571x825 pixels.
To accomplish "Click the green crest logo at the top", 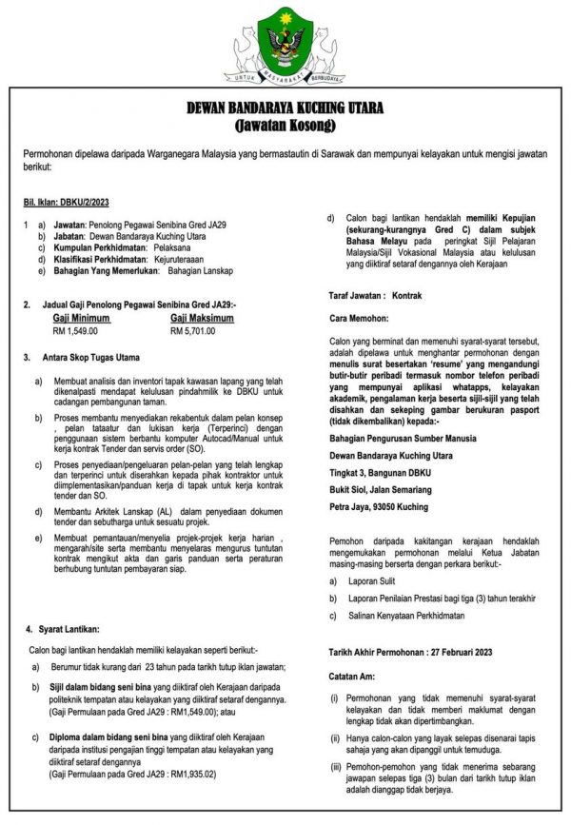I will coord(285,41).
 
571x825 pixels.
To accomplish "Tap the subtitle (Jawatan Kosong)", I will coord(285,126).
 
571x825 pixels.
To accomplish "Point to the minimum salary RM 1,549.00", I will coord(75,331).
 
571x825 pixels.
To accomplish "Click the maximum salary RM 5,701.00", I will coord(193,331).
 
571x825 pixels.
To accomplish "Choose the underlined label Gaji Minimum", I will coord(83,318).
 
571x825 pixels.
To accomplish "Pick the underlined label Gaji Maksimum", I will coord(203,318).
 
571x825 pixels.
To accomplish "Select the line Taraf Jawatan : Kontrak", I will coord(374,296).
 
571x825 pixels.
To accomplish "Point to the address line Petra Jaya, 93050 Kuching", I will coord(378,508).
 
